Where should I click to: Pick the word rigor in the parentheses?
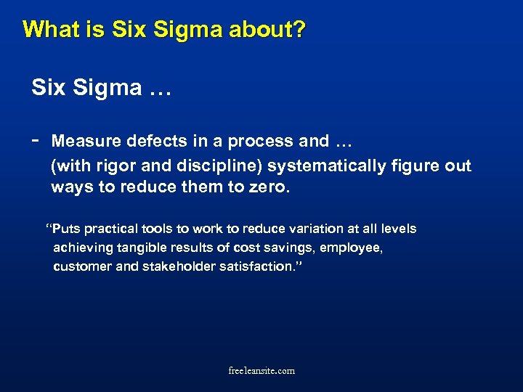(x=108, y=166)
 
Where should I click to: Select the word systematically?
(x=328, y=166)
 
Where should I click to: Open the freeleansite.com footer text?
(x=261, y=371)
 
